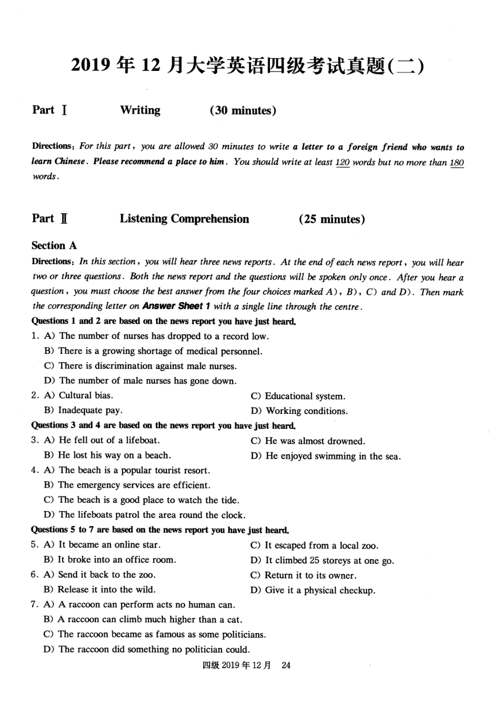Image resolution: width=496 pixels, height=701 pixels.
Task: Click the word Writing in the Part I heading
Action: (x=140, y=110)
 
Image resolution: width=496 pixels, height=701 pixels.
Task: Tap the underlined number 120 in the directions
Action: (x=343, y=162)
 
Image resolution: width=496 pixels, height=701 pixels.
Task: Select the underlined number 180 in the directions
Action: (x=456, y=162)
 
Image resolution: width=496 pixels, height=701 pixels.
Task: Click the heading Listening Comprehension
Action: (x=184, y=219)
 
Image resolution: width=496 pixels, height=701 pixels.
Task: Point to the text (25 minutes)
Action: (x=332, y=219)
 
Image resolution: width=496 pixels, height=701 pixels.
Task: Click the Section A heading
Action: (x=54, y=245)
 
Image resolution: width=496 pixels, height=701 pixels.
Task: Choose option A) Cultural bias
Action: (x=79, y=396)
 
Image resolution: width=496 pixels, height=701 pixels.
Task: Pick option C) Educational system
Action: (x=298, y=396)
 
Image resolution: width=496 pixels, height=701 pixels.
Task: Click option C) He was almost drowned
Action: (x=308, y=441)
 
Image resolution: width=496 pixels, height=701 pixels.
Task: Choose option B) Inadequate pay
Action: (x=84, y=411)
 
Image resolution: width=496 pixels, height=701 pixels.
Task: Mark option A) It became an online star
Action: (x=102, y=545)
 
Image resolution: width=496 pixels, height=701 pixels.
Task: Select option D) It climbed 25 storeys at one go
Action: (x=322, y=561)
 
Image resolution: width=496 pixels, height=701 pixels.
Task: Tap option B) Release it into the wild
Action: (x=100, y=590)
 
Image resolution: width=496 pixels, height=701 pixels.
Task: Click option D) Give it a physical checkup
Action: (x=313, y=590)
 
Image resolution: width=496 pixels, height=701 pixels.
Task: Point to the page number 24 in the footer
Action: (x=286, y=666)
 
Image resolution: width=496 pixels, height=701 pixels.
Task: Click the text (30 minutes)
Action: (x=243, y=111)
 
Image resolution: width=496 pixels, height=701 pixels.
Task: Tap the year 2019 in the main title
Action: (x=91, y=66)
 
